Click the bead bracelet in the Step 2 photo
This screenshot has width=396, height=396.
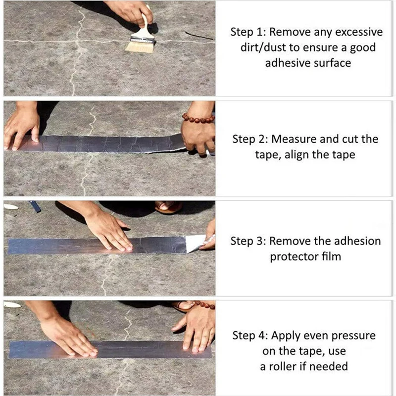(198, 118)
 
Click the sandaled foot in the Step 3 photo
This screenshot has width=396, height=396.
(168, 206)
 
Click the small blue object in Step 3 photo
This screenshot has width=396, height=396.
(35, 206)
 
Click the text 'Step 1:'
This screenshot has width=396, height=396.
(247, 32)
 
